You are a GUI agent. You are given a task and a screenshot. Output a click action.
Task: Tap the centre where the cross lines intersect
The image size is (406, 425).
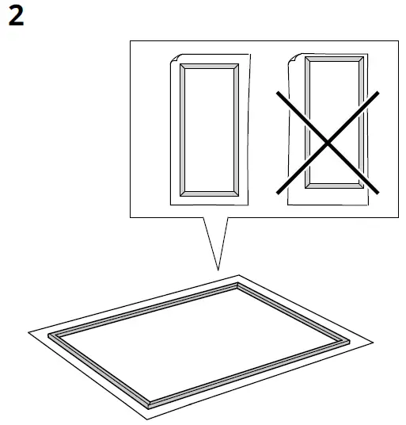(327, 143)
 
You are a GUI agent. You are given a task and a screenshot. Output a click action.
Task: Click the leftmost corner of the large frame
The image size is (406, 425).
(49, 337)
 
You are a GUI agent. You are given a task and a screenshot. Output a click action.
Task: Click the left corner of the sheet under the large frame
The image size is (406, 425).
(28, 331)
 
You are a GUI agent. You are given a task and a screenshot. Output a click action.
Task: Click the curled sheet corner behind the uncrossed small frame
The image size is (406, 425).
(176, 58)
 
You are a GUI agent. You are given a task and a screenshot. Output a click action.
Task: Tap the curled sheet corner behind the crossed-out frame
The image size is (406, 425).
(294, 58)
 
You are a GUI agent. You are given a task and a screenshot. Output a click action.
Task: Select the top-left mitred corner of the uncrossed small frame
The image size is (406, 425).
(180, 67)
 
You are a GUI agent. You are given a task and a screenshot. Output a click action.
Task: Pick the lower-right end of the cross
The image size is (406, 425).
(379, 193)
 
